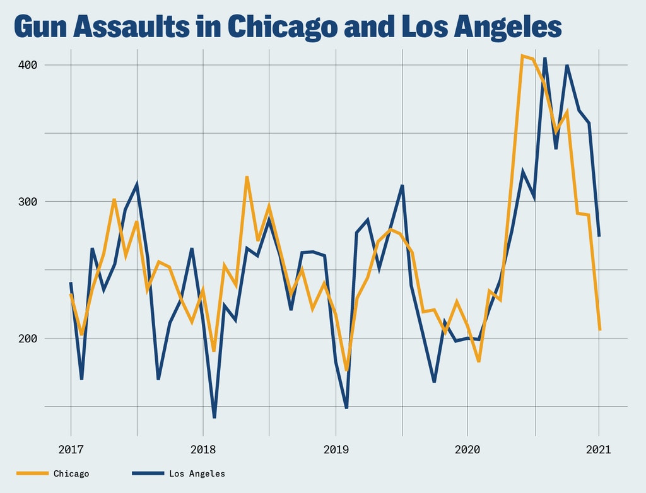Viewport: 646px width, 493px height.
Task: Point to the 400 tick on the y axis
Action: click(28, 65)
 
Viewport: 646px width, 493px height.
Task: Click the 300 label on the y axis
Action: click(28, 202)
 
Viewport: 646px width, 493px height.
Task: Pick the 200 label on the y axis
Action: click(28, 339)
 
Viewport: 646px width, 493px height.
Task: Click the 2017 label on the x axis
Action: click(71, 449)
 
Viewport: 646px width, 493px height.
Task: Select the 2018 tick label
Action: click(203, 449)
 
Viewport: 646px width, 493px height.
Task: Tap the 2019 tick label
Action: click(335, 449)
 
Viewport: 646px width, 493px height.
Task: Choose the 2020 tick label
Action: click(467, 449)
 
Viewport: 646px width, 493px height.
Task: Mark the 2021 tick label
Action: click(599, 449)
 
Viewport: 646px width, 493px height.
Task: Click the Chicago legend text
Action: click(71, 473)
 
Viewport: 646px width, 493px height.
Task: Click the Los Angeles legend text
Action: click(197, 473)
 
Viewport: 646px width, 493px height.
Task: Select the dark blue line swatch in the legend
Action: click(148, 473)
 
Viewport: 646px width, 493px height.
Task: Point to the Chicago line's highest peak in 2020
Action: click(522, 56)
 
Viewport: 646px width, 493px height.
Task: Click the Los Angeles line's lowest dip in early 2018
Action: click(214, 417)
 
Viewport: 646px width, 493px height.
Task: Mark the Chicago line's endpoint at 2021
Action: click(600, 330)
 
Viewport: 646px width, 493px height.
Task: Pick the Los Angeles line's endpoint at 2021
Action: click(599, 236)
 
